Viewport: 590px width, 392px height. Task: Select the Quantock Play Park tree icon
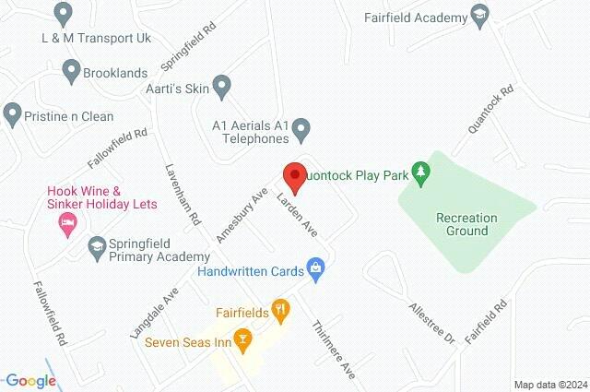pos(421,172)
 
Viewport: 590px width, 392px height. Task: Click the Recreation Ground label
pos(466,224)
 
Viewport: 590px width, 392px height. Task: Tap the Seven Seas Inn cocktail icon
pos(242,341)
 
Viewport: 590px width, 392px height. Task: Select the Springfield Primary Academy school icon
pos(97,245)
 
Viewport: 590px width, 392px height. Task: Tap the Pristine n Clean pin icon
pos(12,116)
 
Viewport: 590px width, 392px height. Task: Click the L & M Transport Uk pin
pos(64,14)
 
